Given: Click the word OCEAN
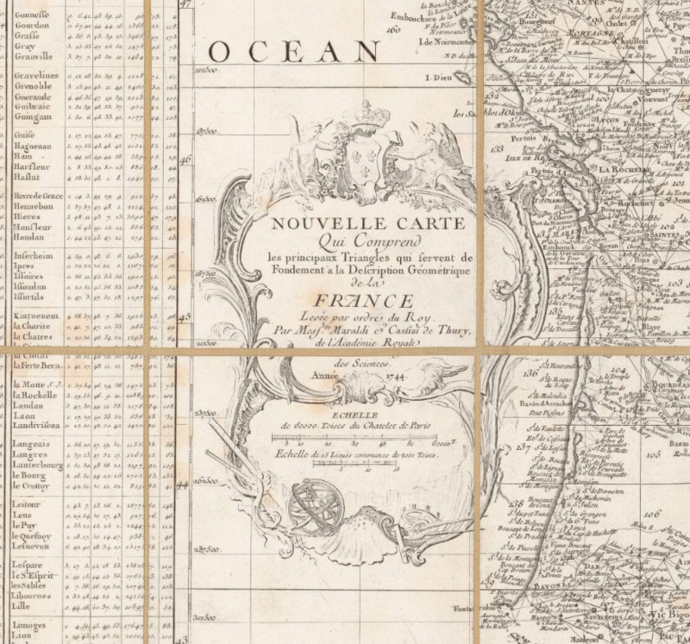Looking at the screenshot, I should [293, 53].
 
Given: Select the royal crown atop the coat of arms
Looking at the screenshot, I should [367, 115].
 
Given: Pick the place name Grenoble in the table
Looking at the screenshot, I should [33, 87].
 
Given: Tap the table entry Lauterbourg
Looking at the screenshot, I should [38, 466].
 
